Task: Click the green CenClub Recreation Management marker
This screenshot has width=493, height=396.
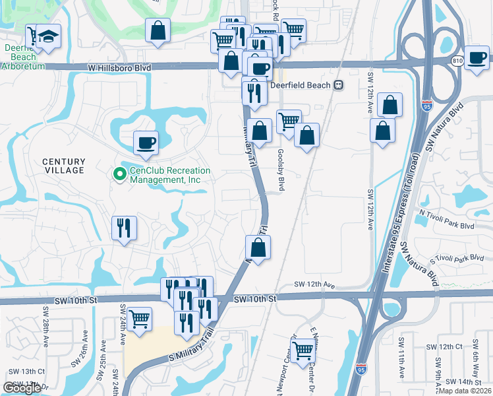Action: click(x=119, y=174)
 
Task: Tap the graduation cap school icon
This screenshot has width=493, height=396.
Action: click(x=48, y=36)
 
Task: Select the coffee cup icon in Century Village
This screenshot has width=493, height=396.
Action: click(x=146, y=142)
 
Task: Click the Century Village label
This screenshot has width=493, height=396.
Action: click(x=64, y=166)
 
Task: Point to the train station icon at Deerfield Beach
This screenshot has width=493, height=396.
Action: click(x=339, y=84)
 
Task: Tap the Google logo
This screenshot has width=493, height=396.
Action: click(x=22, y=388)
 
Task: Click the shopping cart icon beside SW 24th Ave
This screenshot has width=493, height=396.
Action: click(x=140, y=319)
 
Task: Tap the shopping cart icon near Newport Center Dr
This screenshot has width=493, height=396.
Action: click(x=303, y=349)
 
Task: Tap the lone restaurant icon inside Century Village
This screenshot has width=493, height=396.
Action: click(x=124, y=228)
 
